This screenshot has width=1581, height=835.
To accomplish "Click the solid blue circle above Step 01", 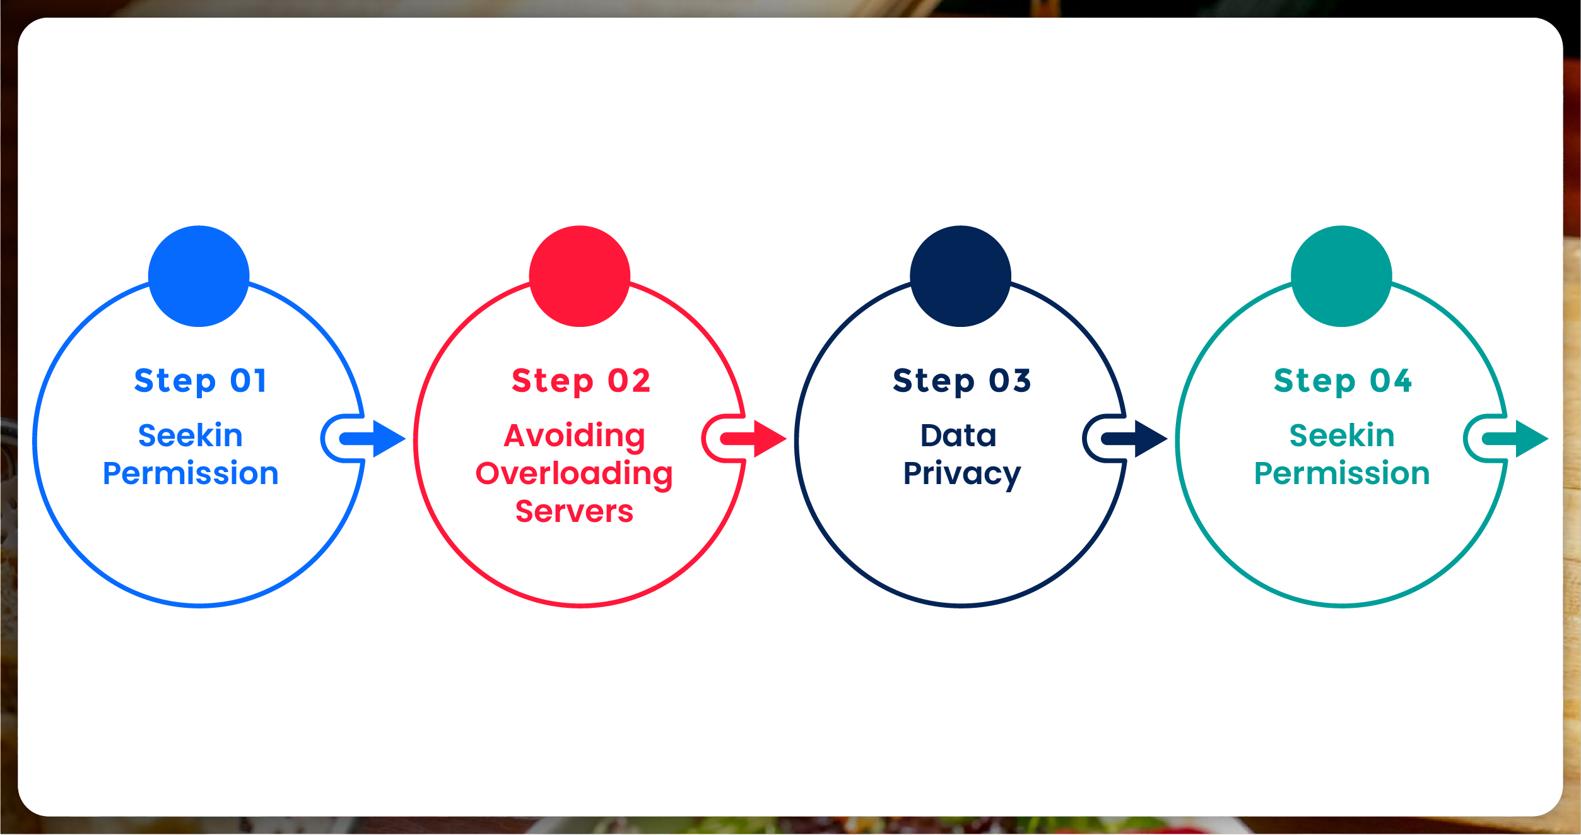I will tap(199, 276).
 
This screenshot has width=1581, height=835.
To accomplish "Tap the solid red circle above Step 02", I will tap(580, 276).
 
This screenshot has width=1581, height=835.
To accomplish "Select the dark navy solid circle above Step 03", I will tap(960, 276).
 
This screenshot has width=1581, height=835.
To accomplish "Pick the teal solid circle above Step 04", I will tap(1341, 276).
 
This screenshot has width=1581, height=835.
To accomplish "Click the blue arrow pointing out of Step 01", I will tap(376, 439).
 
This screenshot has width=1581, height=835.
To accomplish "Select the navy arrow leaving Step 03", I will tap(1137, 439).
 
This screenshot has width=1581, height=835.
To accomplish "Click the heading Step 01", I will tap(201, 381).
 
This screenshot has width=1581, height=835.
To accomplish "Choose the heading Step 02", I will tap(581, 381).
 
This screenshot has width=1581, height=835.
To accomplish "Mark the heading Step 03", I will tap(962, 381).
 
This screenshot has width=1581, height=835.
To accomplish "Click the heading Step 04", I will tap(1343, 381).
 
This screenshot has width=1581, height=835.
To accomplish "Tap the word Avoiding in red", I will tap(574, 436).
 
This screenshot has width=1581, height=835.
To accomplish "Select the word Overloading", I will tap(574, 474).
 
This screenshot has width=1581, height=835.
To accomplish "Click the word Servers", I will tap(574, 511).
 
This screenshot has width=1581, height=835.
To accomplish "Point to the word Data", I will tap(958, 435).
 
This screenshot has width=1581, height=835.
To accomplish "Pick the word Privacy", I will tap(961, 474).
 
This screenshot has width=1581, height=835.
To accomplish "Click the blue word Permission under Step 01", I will tap(191, 473).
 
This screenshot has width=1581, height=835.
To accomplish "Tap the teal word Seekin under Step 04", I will tap(1342, 435).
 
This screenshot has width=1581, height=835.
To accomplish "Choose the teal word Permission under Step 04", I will tap(1342, 473).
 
